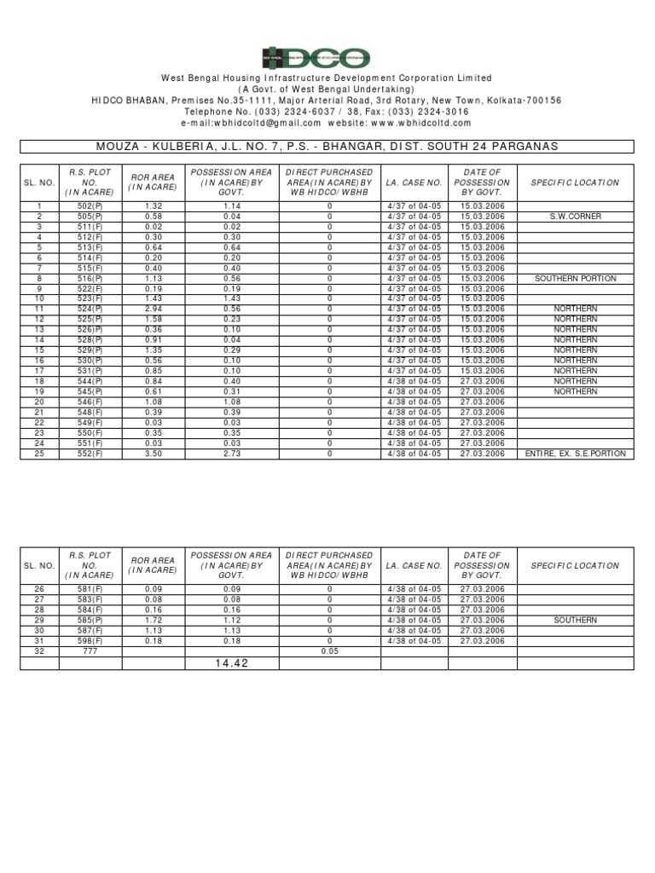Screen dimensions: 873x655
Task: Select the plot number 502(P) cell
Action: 90,206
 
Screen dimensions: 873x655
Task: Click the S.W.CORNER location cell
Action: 576,217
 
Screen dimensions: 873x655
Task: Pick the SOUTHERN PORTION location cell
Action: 576,279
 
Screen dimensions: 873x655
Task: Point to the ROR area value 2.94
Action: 154,309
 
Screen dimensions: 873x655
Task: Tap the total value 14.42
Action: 233,663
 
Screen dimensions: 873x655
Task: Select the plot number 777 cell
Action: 90,651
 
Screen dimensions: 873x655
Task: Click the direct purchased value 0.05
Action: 329,651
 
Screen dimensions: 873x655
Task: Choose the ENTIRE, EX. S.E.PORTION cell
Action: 576,454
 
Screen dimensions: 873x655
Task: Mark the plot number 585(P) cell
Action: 90,620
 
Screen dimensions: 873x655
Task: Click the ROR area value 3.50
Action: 154,454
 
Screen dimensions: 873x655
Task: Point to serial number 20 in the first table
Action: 39,402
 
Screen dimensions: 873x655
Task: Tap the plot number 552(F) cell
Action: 90,454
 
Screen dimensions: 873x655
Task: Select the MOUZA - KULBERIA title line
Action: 327,147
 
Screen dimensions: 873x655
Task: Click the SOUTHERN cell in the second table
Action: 576,620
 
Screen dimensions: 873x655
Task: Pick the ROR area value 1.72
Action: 154,620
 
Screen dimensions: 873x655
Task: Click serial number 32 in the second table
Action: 39,651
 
